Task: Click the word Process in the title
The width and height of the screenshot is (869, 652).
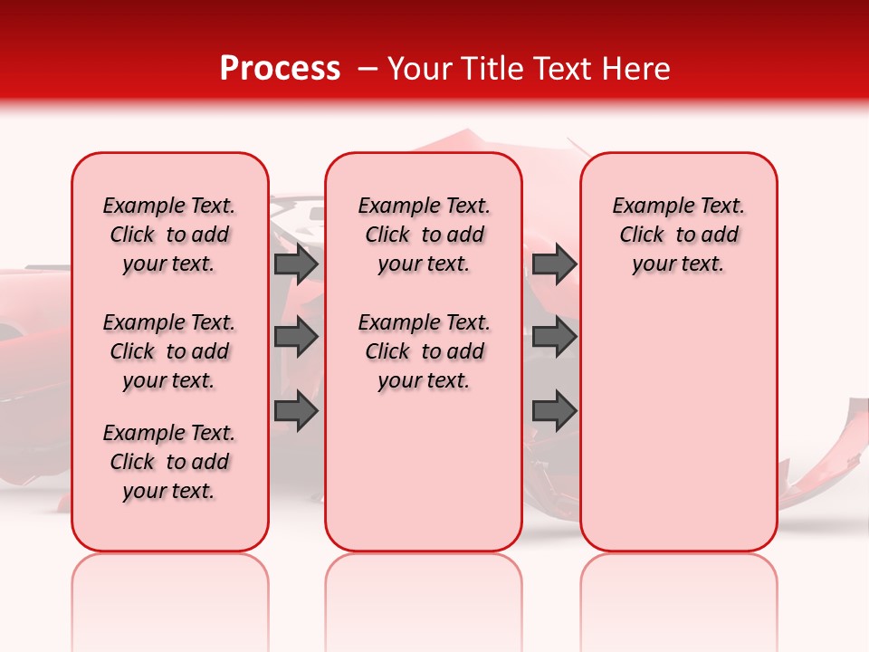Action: click(280, 69)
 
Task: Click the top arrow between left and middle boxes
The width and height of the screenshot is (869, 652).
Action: click(296, 264)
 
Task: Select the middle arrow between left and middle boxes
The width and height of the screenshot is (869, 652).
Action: click(296, 338)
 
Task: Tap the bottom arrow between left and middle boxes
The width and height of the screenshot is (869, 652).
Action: click(296, 411)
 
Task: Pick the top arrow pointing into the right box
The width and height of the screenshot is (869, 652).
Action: click(554, 264)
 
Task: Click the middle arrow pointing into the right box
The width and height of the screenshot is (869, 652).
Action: click(554, 338)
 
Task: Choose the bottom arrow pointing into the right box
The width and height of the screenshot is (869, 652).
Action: click(554, 411)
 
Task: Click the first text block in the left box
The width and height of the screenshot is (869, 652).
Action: click(169, 235)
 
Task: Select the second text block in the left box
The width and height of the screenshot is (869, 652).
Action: click(169, 351)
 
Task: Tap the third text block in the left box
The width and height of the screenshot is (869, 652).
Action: click(169, 462)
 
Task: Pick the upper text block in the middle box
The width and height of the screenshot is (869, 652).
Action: click(424, 235)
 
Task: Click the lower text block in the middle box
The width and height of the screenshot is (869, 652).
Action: click(424, 351)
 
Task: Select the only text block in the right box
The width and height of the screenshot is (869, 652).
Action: click(678, 235)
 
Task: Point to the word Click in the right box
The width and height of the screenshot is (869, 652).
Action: click(642, 235)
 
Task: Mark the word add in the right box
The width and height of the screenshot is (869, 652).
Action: click(721, 235)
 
